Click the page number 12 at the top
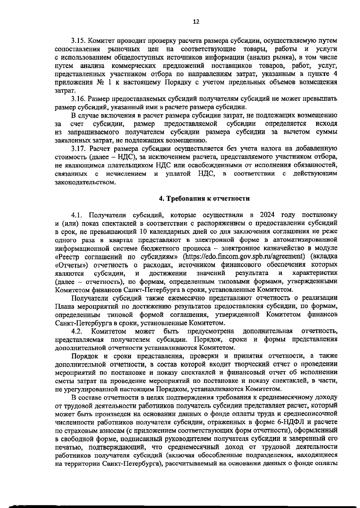[x=196, y=22]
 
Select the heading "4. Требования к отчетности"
[x=204, y=198]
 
